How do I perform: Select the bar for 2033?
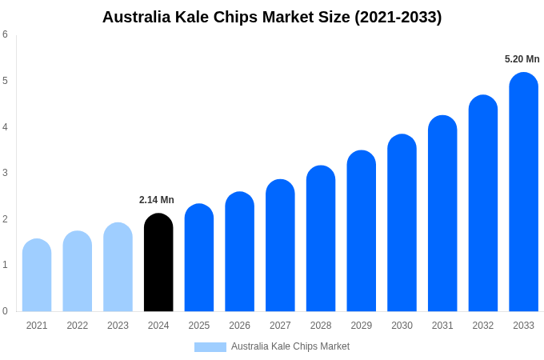coord(523,192)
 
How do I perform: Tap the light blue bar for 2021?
coord(37,275)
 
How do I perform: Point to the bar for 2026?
coord(239,251)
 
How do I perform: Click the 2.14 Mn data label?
coord(157,200)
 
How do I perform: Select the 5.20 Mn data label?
coord(522,59)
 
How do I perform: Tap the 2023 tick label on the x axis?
coord(118,326)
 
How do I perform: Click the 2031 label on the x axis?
coord(442,326)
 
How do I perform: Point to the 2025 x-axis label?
coord(199,326)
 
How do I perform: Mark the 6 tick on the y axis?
coord(5,34)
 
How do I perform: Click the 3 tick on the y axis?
coord(5,173)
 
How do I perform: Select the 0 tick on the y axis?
coord(5,311)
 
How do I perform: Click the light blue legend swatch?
coord(210,346)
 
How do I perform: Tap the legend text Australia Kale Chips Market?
coord(290,346)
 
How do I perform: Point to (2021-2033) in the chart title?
coord(398,17)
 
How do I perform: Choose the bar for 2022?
coord(78,271)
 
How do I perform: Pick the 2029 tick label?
coord(362,326)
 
